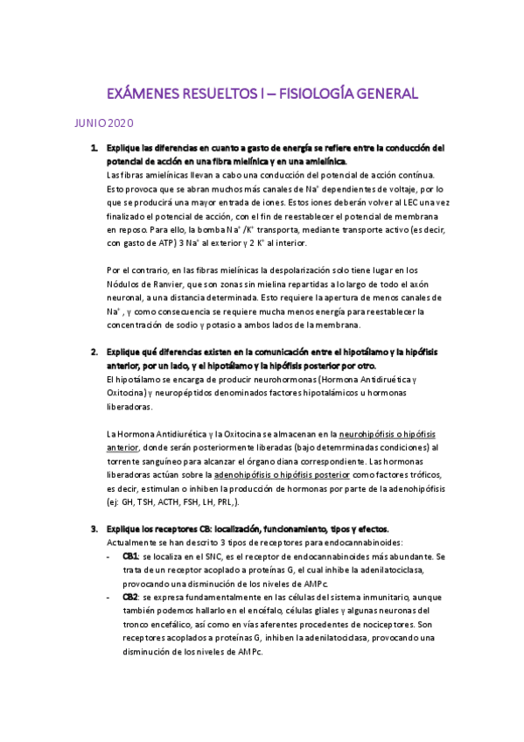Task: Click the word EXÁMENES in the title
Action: (x=143, y=93)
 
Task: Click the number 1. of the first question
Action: (x=94, y=148)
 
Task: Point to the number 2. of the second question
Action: (x=94, y=352)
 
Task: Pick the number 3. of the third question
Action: (x=94, y=529)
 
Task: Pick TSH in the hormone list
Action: (x=157, y=503)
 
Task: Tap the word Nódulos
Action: (x=122, y=283)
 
